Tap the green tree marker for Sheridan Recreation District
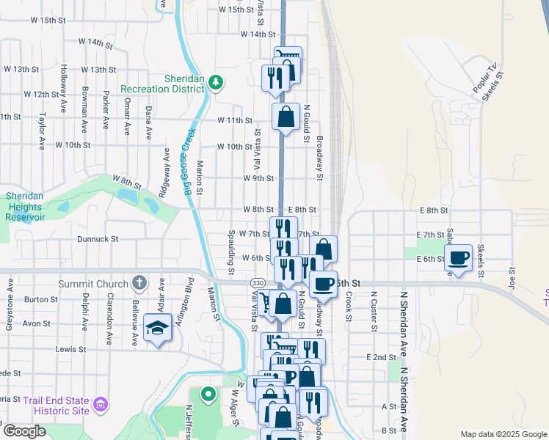click(216, 81)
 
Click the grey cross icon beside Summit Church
click(139, 283)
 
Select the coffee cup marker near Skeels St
click(458, 258)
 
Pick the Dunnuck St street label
click(98, 239)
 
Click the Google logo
click(23, 431)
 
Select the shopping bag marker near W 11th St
click(285, 116)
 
